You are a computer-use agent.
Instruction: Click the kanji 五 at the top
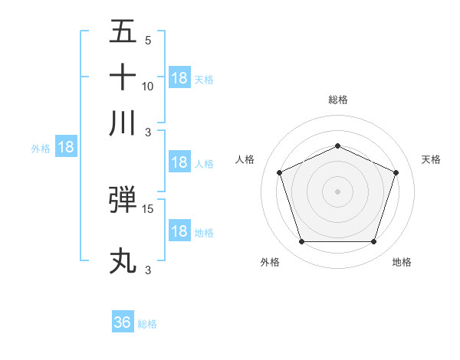(x=123, y=32)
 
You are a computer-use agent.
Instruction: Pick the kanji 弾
(x=123, y=201)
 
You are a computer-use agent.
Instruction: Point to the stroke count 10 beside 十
(x=148, y=86)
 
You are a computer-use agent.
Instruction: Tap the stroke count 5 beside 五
(x=147, y=41)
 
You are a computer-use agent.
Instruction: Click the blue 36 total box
(x=123, y=322)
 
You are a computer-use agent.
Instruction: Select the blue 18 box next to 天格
(x=179, y=78)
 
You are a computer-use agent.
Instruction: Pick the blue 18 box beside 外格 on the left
(x=66, y=148)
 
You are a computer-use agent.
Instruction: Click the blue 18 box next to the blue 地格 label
(x=179, y=231)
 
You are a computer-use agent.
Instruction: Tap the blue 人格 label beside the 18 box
(x=204, y=163)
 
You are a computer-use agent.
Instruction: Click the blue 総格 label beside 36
(x=147, y=324)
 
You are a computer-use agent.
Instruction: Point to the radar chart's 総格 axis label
(x=338, y=100)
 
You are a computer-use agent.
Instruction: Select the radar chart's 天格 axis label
(x=431, y=159)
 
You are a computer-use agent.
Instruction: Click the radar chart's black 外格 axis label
(x=270, y=262)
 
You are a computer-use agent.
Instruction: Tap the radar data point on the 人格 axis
(x=279, y=172)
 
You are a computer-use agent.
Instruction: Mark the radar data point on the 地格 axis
(x=373, y=241)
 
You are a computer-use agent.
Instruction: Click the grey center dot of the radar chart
(x=337, y=191)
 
